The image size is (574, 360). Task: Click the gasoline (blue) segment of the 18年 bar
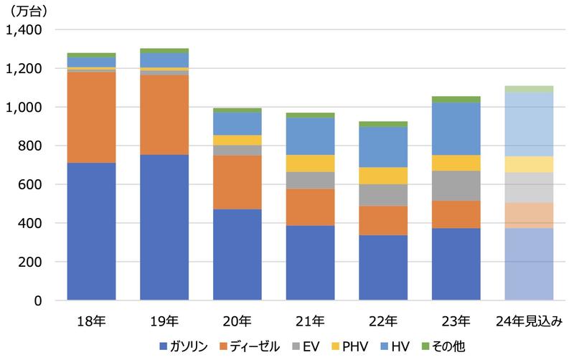pos(92,231)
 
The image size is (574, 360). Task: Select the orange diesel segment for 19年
pos(164,115)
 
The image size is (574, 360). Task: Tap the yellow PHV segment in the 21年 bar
pos(310,164)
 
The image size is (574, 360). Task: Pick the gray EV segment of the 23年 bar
pos(456,186)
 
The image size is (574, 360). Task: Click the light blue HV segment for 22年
pos(383,147)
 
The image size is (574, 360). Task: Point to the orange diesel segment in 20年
pos(237,182)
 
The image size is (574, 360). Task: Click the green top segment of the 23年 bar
pos(456,99)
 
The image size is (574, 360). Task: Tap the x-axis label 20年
pos(237,320)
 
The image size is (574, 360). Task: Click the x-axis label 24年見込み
pos(530,320)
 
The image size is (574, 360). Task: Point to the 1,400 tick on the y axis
pos(24,30)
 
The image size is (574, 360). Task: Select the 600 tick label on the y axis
pos(30,185)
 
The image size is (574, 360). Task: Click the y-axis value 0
pos(39,300)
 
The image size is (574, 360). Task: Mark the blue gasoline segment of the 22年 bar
pos(383,267)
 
